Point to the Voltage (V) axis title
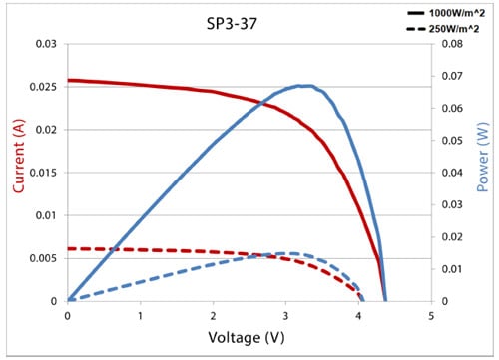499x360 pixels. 249,338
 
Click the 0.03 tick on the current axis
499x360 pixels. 45,44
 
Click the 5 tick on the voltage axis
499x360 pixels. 431,315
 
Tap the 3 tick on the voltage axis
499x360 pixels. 285,315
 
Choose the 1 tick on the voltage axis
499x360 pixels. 140,315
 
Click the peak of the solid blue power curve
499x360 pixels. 304,86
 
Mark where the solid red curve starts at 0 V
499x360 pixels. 68,80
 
